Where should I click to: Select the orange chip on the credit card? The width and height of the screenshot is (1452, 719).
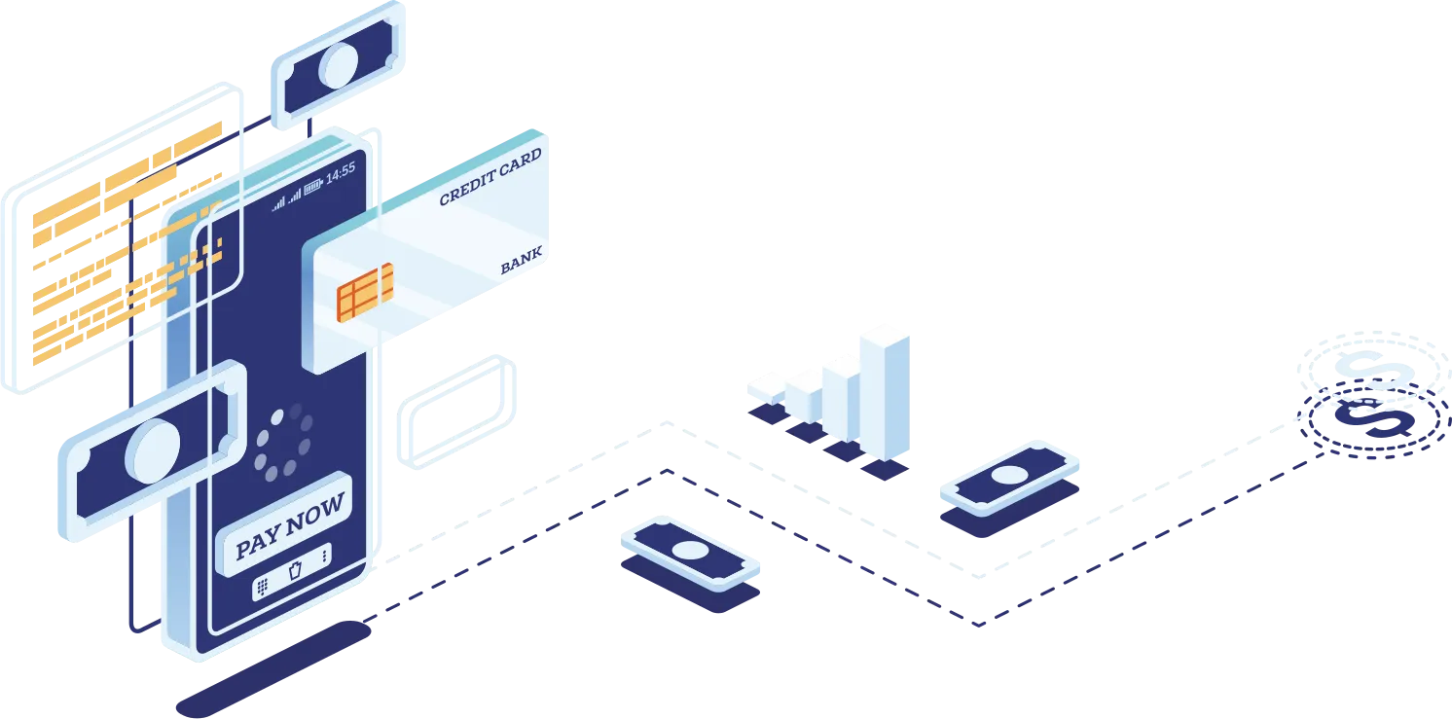point(365,292)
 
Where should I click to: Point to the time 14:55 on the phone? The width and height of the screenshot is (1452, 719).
point(340,174)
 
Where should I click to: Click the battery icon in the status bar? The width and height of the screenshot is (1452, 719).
point(312,186)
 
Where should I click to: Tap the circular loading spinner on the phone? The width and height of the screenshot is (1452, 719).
point(283,444)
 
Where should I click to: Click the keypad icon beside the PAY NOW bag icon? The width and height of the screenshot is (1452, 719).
point(262,587)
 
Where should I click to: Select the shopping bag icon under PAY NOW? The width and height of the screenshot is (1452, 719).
point(296,570)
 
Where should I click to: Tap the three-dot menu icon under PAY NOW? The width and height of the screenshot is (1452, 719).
point(324,555)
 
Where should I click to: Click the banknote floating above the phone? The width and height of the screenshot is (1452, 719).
point(341,63)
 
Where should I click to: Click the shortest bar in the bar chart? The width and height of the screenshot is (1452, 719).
point(766,385)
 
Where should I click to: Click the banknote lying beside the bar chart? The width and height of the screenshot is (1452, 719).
point(1007,477)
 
